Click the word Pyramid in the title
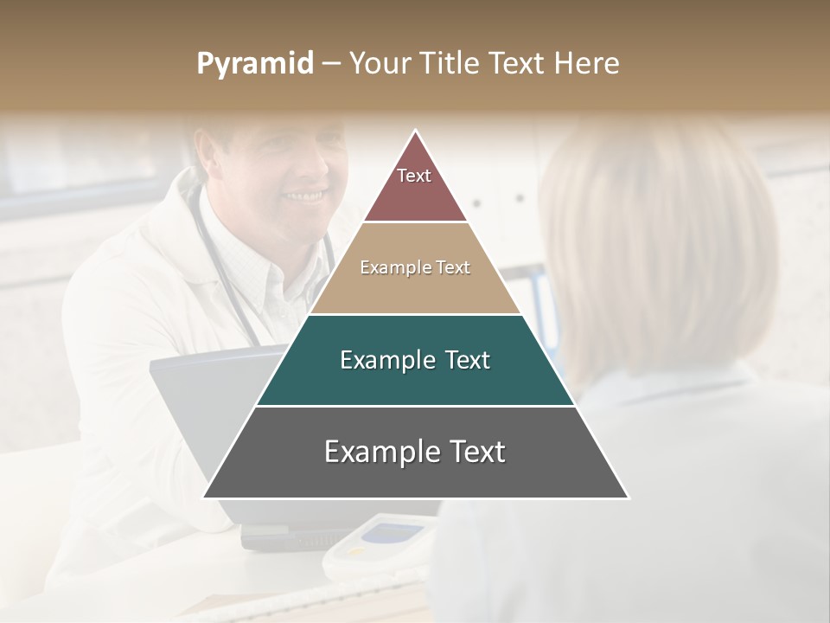pos(255,63)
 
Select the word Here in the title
pos(587,63)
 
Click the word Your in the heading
pos(380,63)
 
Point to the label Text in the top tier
pos(414,176)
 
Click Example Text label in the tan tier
pos(415,267)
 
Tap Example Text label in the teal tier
pos(415,360)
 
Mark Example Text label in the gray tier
pos(415,452)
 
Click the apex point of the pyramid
pos(416,132)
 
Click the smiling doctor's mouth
pos(304,196)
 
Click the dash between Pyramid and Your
pos(331,63)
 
